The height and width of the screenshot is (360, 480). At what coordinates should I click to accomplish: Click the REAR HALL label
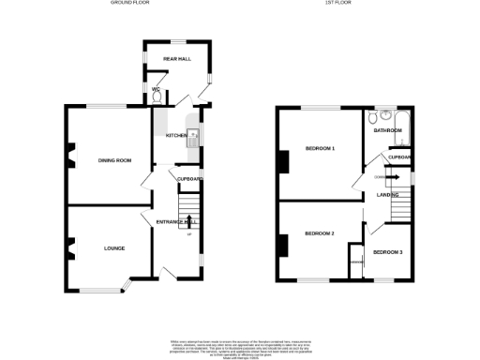click(177, 59)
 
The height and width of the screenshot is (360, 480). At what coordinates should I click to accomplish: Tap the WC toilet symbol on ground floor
click(156, 96)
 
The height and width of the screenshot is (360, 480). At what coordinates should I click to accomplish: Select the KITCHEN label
click(177, 136)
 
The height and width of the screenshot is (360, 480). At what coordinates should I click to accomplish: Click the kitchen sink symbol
click(194, 138)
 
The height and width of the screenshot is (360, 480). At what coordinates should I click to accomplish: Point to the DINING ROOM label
click(115, 160)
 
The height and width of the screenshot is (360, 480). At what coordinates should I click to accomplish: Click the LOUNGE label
click(114, 247)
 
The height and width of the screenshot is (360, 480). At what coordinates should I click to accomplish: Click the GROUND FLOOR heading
click(130, 4)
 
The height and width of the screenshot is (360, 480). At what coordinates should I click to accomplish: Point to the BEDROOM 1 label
click(321, 149)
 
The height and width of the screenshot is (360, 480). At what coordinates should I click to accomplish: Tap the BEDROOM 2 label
click(320, 232)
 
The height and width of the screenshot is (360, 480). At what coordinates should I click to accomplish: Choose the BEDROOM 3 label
click(387, 252)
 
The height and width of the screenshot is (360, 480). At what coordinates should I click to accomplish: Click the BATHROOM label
click(387, 130)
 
